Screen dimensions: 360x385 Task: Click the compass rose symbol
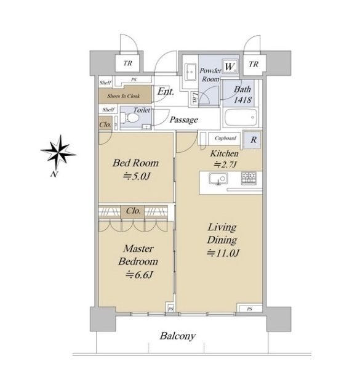point(58,152)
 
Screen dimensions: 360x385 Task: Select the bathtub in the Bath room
point(241,117)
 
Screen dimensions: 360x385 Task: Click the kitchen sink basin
point(218,179)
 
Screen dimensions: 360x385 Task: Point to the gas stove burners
point(249,178)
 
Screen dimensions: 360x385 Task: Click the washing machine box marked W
point(230,67)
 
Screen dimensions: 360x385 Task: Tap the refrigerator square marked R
point(253,140)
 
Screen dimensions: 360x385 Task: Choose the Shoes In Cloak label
point(123,96)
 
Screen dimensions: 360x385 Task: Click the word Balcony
point(178,336)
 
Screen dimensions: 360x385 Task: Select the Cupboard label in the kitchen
point(225,138)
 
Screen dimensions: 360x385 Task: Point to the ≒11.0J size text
point(223,253)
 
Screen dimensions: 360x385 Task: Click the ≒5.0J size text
point(137,176)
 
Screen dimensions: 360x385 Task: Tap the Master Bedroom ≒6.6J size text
point(139,275)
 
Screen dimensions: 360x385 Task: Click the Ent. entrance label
point(166,92)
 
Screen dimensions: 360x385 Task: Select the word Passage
point(183,120)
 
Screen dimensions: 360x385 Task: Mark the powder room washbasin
point(190,71)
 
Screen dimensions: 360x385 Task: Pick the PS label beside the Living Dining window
point(249,309)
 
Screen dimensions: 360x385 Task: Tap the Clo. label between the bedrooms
point(134,211)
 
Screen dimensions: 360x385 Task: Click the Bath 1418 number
point(242,100)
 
